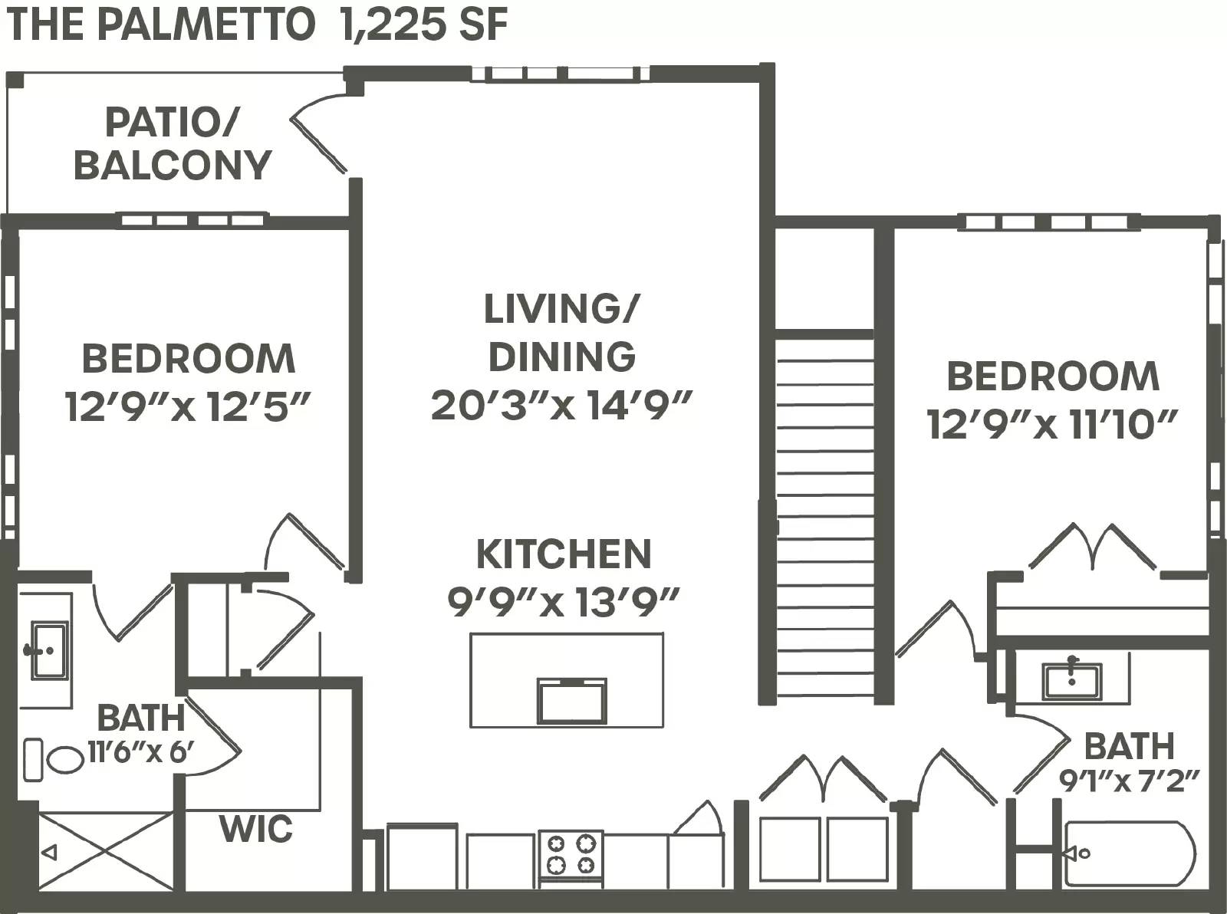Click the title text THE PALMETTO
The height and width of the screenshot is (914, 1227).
pos(161,24)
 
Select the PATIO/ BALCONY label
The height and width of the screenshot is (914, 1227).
pos(173,143)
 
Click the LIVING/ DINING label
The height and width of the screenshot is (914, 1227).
pos(562,332)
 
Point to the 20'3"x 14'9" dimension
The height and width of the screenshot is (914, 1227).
pos(562,405)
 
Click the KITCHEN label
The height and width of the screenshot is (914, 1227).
pos(564,554)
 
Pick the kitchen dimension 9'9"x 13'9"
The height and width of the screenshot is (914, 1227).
pos(564,602)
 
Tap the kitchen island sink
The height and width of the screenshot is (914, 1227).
pos(571,701)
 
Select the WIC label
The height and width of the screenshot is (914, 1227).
pos(256,829)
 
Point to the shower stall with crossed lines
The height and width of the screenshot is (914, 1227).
pos(106,851)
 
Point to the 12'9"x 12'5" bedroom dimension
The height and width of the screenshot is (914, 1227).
pos(187,406)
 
